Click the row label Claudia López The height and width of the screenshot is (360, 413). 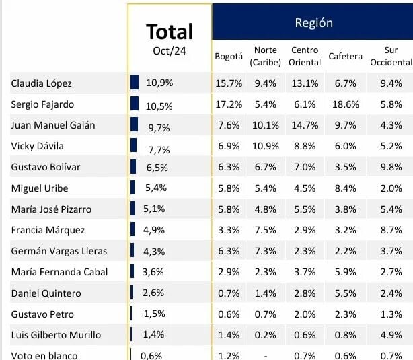click(41, 83)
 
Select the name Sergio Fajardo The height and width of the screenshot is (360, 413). click(42, 104)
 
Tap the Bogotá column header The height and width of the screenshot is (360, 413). click(229, 57)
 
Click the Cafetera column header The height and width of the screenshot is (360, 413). click(345, 57)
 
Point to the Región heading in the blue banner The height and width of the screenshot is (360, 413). click(313, 22)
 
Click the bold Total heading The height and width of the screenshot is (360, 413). click(170, 32)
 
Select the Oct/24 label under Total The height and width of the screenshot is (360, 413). click(170, 50)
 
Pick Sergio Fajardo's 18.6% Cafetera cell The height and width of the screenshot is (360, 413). click(345, 104)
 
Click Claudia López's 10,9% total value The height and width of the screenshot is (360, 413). click(159, 83)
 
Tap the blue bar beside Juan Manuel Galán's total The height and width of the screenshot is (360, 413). click(134, 125)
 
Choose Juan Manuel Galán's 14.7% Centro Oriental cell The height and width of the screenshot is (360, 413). click(305, 125)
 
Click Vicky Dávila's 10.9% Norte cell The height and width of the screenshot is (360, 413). click(266, 146)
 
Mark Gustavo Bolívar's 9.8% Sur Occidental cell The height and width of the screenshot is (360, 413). click(390, 167)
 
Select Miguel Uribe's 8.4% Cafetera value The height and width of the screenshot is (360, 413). click(345, 188)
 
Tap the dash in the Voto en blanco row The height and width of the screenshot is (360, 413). click(266, 355)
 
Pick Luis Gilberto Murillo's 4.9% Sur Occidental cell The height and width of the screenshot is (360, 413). click(390, 334)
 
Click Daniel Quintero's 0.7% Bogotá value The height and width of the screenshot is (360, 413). click(229, 293)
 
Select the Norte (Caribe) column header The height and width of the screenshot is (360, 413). click(266, 57)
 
